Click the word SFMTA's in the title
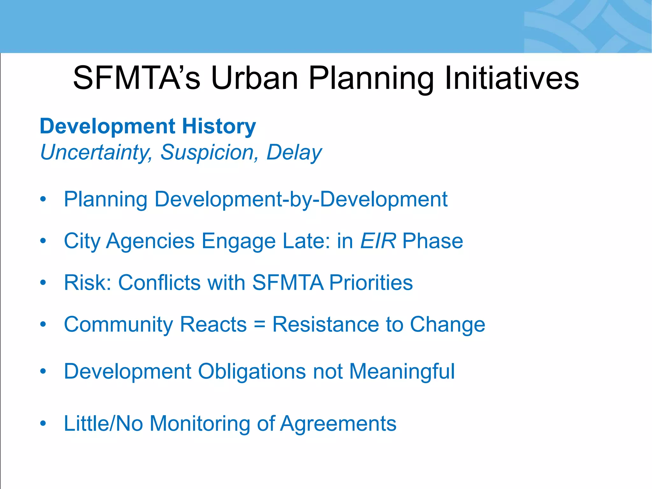(137, 78)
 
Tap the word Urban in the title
(254, 78)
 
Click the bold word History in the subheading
(219, 126)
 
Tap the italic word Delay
(294, 152)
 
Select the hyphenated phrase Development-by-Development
(301, 199)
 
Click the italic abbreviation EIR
(378, 241)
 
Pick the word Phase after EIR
(432, 241)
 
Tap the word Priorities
(371, 283)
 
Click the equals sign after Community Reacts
(259, 325)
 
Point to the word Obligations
(252, 372)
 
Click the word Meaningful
(402, 372)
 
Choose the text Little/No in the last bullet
(103, 423)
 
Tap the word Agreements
(338, 424)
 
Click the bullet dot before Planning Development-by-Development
(43, 200)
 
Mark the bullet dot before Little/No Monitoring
(43, 424)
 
